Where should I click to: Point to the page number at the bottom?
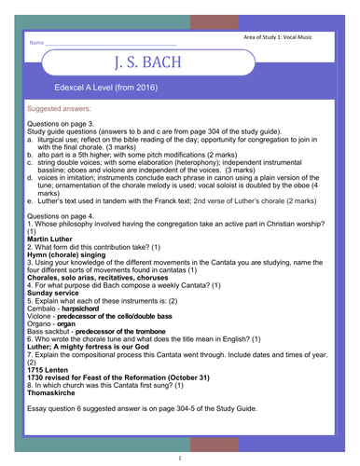point(179,458)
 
